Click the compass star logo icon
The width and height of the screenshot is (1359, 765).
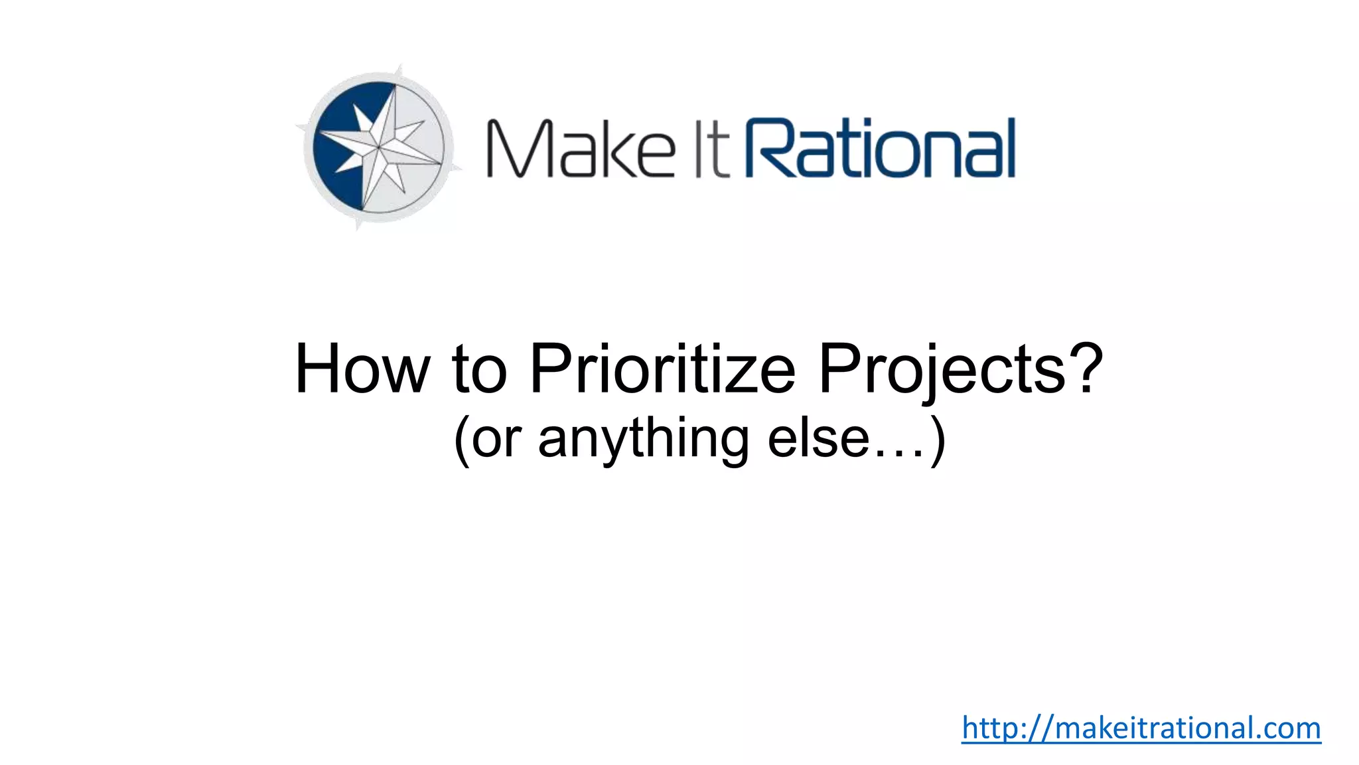click(379, 147)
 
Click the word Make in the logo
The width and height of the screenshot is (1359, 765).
click(580, 148)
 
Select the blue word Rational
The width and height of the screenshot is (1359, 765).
click(881, 148)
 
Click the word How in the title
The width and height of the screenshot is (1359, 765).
click(362, 369)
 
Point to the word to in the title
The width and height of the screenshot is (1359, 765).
click(480, 369)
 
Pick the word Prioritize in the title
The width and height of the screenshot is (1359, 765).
click(662, 369)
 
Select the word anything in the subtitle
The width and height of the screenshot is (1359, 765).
click(643, 440)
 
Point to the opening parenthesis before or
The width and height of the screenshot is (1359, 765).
click(462, 440)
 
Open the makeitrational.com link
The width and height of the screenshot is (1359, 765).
click(1141, 728)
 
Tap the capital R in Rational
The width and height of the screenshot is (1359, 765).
click(769, 148)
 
